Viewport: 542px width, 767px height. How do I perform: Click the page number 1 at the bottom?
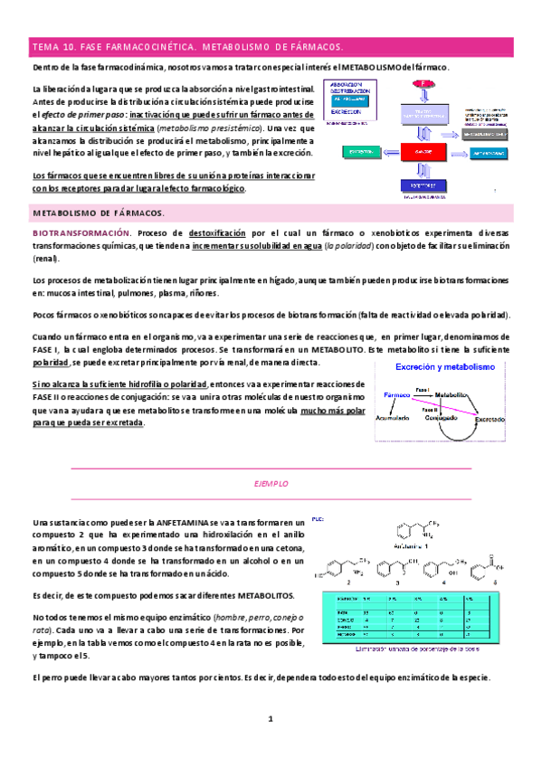tap(270, 719)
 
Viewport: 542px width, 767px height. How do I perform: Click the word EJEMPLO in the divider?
tap(271, 484)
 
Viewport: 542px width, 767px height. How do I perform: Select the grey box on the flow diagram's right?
tap(490, 133)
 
